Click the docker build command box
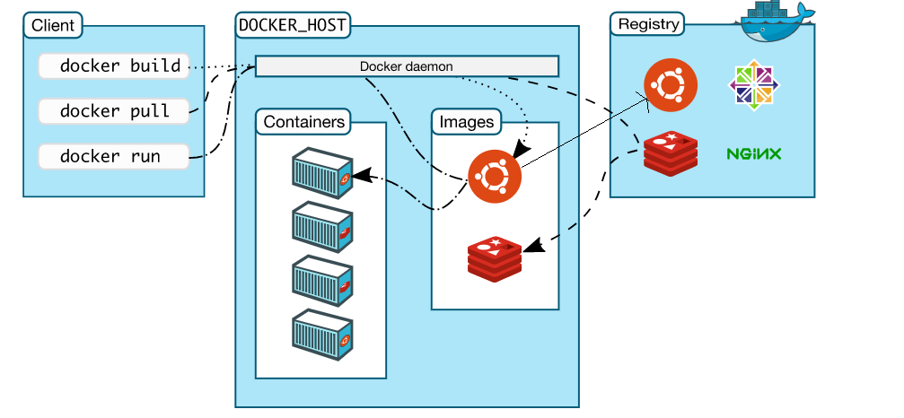tap(114, 65)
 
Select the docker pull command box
tap(114, 111)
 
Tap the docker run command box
tap(114, 156)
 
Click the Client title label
tap(53, 25)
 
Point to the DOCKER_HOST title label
tap(293, 25)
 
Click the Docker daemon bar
tap(407, 66)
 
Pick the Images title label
tap(467, 121)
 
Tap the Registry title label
tap(649, 24)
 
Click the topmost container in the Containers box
tap(322, 170)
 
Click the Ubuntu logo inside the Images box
tap(495, 175)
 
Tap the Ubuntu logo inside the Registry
tap(671, 87)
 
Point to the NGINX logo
tap(754, 154)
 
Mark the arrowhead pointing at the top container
tap(360, 176)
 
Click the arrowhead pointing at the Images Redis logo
tap(530, 245)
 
